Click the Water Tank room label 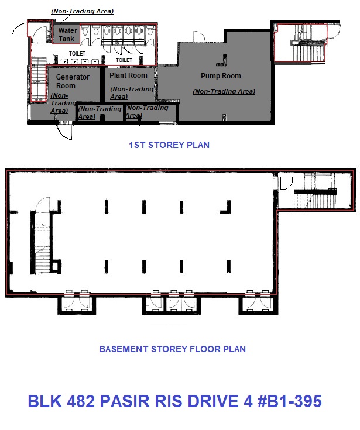click(x=67, y=35)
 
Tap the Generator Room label click(x=73, y=81)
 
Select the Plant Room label click(x=128, y=75)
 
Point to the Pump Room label click(x=221, y=75)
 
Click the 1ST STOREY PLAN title click(x=169, y=145)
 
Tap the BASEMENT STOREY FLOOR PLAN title click(x=172, y=349)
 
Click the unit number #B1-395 click(x=290, y=401)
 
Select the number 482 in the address click(x=81, y=401)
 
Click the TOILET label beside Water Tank click(x=77, y=53)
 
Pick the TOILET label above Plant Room click(x=124, y=60)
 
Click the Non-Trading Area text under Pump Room click(x=224, y=91)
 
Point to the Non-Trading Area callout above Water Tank click(x=83, y=11)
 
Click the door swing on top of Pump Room click(x=200, y=37)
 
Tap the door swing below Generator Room click(x=65, y=131)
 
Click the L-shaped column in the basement click(x=225, y=207)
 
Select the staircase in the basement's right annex click(x=316, y=195)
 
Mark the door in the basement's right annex click(x=286, y=183)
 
